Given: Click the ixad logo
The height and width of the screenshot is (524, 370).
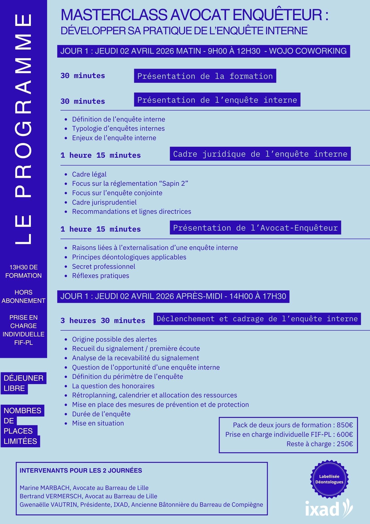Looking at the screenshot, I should (329, 508).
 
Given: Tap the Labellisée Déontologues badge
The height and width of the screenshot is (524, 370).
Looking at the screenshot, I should (329, 479).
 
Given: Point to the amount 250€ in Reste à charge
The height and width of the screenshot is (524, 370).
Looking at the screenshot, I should (345, 444).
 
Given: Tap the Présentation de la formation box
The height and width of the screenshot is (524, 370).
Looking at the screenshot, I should (205, 76).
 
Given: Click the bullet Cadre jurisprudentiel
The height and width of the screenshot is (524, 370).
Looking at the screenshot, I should (104, 202).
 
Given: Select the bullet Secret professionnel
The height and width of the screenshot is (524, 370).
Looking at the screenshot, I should (104, 266).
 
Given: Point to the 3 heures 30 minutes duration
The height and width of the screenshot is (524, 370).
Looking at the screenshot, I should (103, 320).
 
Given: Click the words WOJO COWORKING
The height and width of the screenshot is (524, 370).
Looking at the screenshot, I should (308, 51).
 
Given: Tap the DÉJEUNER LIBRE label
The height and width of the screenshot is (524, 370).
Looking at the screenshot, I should (23, 383).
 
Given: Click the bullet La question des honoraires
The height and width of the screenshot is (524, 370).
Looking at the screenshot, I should (113, 386).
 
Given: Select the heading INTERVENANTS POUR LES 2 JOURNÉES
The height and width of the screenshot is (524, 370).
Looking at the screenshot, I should (81, 470).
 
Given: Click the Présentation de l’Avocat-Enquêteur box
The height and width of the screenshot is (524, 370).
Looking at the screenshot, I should (255, 228).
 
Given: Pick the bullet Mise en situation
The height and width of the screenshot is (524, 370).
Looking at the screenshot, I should (98, 423).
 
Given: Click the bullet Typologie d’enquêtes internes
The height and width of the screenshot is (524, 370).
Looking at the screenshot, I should (118, 128).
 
